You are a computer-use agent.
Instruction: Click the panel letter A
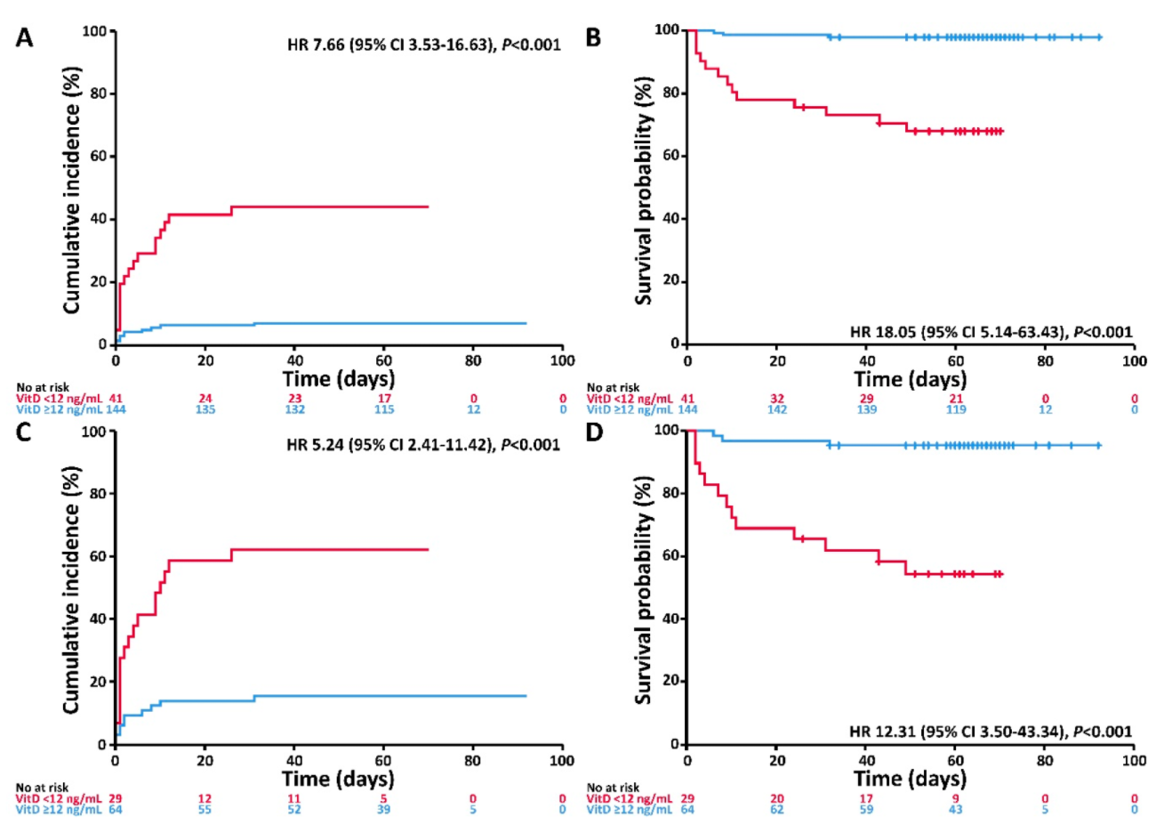(x=24, y=38)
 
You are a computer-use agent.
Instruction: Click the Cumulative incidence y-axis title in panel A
(x=72, y=190)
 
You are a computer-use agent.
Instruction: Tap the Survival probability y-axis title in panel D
(x=644, y=590)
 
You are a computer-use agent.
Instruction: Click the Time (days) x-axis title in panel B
(x=910, y=379)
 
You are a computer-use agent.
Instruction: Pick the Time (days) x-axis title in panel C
(x=338, y=779)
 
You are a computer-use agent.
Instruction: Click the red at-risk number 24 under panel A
(x=205, y=399)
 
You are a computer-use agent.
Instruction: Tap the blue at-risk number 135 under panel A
(x=205, y=409)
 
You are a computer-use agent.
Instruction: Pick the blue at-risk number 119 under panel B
(x=957, y=409)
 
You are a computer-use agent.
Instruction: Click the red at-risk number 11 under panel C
(x=294, y=799)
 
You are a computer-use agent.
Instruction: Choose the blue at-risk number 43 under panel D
(x=957, y=810)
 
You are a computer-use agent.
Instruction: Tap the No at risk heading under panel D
(x=613, y=788)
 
